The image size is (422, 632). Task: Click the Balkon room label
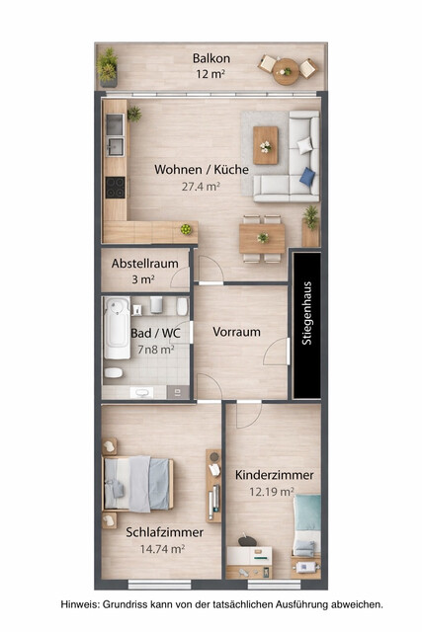211,58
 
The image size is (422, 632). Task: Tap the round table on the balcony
287,68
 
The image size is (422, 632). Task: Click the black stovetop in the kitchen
116,187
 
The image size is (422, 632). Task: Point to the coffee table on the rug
266,144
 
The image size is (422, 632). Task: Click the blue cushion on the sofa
307,176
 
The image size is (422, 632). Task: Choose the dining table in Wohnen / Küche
263,237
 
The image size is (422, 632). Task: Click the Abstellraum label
144,264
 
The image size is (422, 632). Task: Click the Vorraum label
237,332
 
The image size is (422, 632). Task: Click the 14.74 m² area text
163,548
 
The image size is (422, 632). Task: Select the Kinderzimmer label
274,475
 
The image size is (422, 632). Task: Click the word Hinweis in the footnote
80,603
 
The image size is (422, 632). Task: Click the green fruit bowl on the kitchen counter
185,229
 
